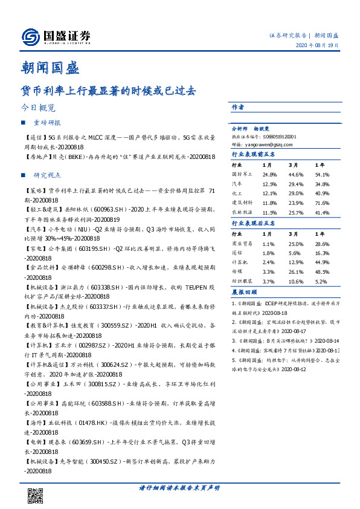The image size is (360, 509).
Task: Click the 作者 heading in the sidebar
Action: point(237,107)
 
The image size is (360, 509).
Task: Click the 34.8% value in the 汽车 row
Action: point(321,184)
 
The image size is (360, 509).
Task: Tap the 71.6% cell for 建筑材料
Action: point(321,203)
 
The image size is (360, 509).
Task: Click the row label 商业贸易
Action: point(243,243)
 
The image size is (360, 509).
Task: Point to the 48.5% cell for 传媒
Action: point(321,272)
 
